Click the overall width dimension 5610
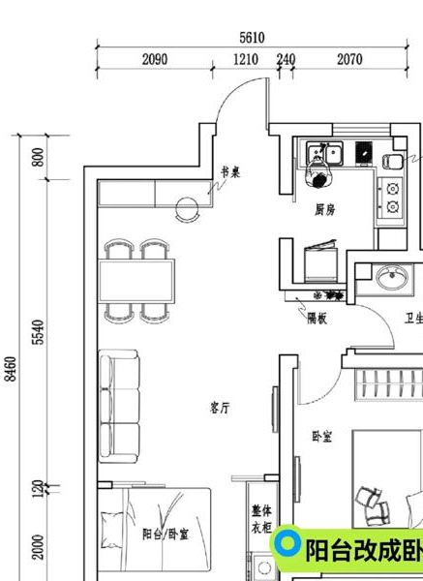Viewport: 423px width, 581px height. pyautogui.click(x=252, y=37)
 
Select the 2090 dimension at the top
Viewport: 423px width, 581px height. pyautogui.click(x=155, y=59)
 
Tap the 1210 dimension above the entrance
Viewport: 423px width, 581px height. pyautogui.click(x=246, y=59)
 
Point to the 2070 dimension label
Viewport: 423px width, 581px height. pyautogui.click(x=349, y=59)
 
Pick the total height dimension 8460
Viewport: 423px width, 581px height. pyautogui.click(x=11, y=369)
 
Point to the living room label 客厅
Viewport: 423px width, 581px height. pyautogui.click(x=221, y=408)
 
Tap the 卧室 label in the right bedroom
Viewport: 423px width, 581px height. pyautogui.click(x=322, y=437)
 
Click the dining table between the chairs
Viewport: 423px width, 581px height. pyautogui.click(x=137, y=280)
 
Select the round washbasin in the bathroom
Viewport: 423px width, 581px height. pyautogui.click(x=393, y=279)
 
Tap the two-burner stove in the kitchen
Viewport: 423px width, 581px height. pyautogui.click(x=393, y=196)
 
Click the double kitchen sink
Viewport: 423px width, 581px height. pyautogui.click(x=323, y=152)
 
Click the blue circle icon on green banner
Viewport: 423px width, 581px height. pyautogui.click(x=287, y=546)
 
